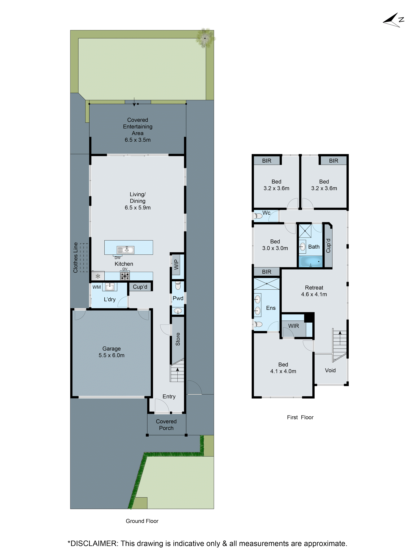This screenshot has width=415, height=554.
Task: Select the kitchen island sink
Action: point(125,250)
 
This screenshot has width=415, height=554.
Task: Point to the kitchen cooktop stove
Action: point(125,276)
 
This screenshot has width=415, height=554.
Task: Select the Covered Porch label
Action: point(166,425)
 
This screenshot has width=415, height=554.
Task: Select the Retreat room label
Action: point(314,288)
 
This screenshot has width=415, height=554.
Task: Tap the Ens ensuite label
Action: point(271,308)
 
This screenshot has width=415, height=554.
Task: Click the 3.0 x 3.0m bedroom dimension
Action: point(275,248)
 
